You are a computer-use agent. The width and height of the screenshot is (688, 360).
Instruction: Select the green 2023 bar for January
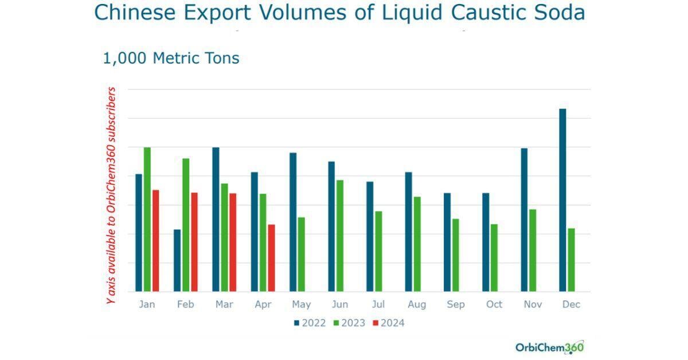point(147,219)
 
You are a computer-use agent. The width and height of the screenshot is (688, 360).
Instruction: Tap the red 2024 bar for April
point(271,257)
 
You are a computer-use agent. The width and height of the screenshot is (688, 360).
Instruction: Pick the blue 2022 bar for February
point(177,260)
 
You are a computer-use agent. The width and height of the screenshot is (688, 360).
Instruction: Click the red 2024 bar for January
point(155,240)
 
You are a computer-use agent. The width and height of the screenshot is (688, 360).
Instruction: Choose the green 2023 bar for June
point(340,236)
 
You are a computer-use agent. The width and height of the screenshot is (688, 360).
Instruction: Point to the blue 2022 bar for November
point(524,220)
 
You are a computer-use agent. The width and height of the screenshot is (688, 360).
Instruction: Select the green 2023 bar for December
point(571,260)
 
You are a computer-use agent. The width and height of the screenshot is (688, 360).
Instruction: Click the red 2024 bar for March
point(233,242)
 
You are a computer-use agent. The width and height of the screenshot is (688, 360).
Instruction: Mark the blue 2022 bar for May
point(293,222)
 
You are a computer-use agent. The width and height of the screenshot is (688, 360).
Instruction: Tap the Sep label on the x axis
point(455,304)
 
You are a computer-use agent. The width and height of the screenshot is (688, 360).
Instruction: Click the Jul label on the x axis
point(378,304)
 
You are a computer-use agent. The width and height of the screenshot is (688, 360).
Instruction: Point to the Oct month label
point(494,304)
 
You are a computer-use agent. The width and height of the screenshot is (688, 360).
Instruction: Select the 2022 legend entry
point(310,323)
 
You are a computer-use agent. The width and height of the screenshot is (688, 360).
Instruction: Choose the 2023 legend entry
point(349,323)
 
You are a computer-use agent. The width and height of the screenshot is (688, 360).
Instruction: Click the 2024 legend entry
point(389,323)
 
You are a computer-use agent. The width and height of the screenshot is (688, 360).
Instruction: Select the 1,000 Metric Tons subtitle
point(171,58)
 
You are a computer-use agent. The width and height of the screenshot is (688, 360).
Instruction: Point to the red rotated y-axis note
point(112,195)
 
